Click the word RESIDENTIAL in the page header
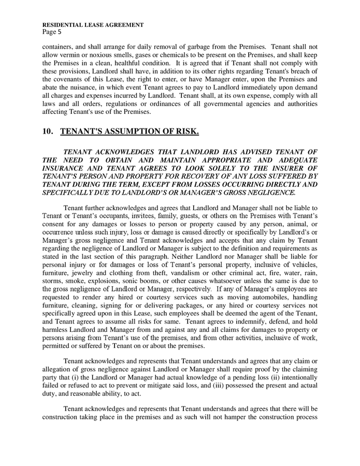pos(62,24)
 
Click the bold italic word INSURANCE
pos(64,168)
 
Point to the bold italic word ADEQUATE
pos(298,159)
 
